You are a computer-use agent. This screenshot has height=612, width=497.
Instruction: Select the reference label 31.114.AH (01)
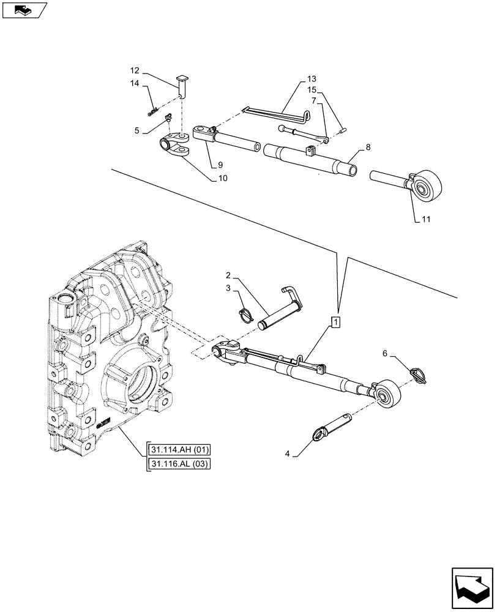178,451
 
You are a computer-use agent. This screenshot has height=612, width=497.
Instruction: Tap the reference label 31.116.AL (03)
178,464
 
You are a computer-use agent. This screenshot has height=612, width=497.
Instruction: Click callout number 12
135,70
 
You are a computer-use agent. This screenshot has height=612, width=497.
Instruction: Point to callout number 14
135,83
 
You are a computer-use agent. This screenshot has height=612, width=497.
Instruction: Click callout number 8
367,147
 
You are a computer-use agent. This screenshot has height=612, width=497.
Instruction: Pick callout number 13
312,80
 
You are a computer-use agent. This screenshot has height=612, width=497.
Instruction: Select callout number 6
385,353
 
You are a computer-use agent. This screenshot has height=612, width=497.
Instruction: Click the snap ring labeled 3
245,315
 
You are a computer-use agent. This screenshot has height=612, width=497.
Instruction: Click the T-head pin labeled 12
182,85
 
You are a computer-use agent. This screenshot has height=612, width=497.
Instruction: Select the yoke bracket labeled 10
173,148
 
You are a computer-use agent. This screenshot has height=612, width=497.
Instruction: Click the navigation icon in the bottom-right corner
471,587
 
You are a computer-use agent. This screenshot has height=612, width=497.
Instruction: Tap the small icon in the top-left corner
24,10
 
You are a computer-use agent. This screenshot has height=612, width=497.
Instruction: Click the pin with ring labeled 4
331,427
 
